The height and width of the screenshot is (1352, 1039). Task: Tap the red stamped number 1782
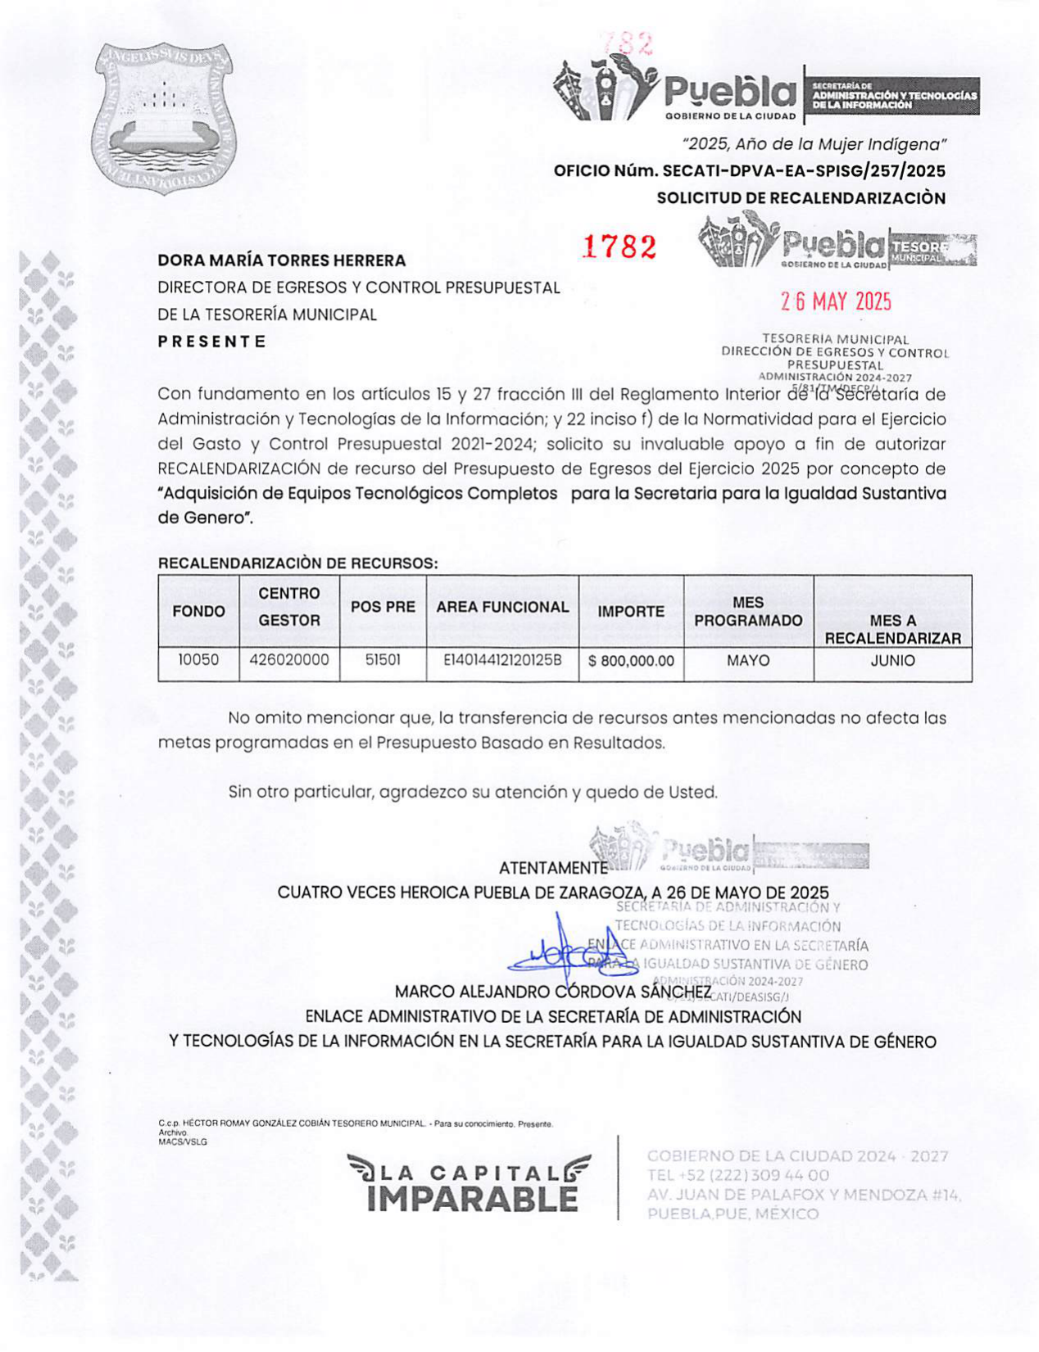click(619, 246)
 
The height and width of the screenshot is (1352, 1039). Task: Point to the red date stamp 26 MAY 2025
click(835, 302)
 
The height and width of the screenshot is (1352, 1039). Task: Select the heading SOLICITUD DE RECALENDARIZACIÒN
click(801, 198)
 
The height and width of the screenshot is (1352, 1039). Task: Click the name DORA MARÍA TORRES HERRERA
click(281, 260)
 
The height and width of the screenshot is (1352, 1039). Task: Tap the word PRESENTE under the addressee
click(211, 341)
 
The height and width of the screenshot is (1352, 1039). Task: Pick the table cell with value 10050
click(198, 660)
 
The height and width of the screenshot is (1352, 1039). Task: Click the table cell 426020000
click(289, 660)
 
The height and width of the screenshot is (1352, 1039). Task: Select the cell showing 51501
click(383, 660)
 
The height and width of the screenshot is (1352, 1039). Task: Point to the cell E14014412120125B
click(502, 660)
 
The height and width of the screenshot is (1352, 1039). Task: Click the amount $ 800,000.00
click(631, 661)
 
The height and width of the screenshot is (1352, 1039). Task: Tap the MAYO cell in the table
click(748, 660)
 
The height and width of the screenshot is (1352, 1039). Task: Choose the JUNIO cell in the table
click(892, 660)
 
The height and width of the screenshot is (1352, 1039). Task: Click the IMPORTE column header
click(631, 612)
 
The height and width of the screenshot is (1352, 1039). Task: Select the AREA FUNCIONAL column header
click(502, 608)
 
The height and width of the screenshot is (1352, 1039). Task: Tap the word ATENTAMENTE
click(553, 868)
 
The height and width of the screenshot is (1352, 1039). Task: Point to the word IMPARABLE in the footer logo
click(473, 1199)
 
